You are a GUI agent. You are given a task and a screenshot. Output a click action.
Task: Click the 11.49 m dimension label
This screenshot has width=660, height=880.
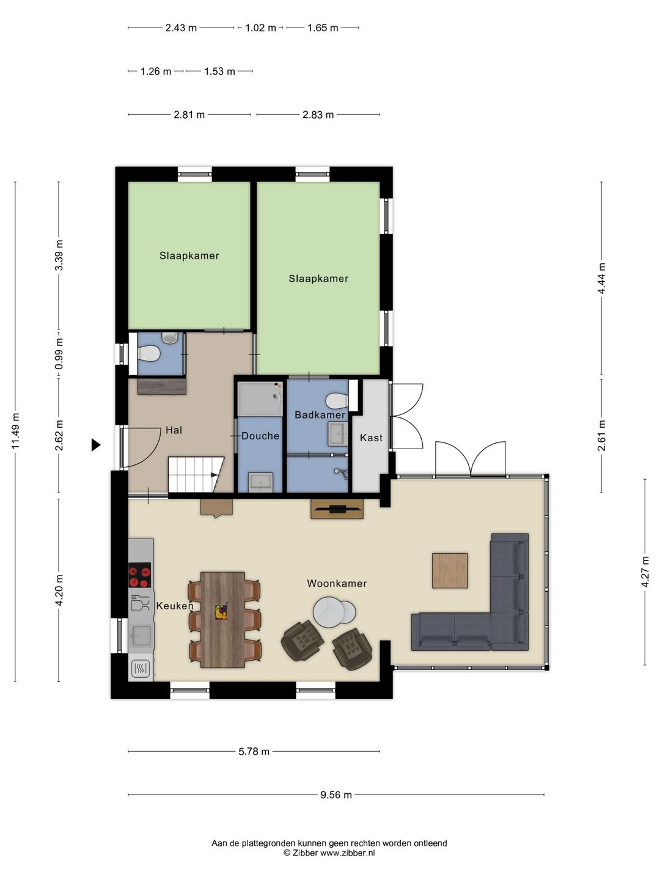[15, 431]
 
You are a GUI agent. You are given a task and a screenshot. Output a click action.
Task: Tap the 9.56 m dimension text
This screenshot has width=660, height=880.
[336, 794]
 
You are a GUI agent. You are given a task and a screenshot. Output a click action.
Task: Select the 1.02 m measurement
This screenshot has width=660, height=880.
[260, 28]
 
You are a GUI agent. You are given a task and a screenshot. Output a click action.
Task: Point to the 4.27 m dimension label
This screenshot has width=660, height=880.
[645, 572]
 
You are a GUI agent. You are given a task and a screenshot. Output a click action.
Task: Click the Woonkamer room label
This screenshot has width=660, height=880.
[337, 584]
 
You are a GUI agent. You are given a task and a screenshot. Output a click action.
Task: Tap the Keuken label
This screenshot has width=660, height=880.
[175, 606]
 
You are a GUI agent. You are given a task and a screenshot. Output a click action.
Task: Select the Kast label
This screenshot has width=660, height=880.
[371, 438]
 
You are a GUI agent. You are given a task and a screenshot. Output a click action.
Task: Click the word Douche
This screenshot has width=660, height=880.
[260, 436]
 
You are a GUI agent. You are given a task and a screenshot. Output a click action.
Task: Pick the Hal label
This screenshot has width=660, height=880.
[174, 430]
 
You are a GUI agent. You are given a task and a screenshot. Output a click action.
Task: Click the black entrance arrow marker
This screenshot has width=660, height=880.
[95, 445]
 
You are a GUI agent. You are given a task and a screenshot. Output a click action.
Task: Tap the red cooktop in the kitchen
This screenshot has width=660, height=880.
[139, 575]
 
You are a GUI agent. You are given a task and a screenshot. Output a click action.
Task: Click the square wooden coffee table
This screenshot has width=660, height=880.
[450, 571]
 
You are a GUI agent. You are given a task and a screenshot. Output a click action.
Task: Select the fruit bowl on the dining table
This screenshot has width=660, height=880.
[221, 611]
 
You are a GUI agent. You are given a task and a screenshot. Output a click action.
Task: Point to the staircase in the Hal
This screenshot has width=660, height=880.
[196, 474]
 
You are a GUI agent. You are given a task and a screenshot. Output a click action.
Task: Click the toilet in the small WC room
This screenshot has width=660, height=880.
[149, 353]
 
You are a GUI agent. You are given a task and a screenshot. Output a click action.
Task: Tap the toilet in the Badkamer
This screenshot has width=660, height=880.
[338, 400]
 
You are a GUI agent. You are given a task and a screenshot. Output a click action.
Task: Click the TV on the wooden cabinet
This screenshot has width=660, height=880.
[337, 509]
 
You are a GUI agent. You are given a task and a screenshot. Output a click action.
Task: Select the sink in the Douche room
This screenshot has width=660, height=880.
[260, 482]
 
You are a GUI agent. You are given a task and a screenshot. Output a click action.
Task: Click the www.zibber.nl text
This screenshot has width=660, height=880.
[348, 853]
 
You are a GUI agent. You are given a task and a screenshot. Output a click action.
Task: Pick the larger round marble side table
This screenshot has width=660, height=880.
[328, 611]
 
